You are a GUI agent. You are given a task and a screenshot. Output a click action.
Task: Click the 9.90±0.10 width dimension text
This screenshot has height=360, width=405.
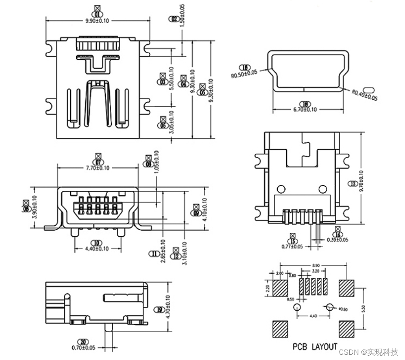(x=98, y=20)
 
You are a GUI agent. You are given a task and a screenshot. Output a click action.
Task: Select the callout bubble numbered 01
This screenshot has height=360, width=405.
(x=97, y=14)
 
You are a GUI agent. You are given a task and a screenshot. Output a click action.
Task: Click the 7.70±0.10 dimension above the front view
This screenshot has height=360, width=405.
(x=98, y=168)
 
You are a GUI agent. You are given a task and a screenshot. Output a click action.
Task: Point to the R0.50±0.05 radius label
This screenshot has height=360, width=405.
(x=244, y=73)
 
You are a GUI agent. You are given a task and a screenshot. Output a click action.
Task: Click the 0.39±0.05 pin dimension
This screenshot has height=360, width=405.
(x=337, y=239)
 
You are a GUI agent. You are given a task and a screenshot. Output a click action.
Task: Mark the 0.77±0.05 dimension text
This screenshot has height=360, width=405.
(x=292, y=246)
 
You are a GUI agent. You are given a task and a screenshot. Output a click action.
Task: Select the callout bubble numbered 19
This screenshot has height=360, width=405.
(x=160, y=309)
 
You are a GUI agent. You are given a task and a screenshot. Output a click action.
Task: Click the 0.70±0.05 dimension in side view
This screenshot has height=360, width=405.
(x=83, y=347)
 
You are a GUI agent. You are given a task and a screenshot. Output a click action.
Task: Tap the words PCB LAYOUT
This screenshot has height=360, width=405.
(x=315, y=347)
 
